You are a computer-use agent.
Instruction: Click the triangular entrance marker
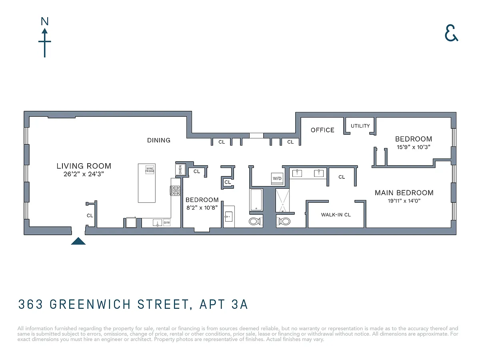coord(78,241)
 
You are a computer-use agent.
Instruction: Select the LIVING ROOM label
coord(84,166)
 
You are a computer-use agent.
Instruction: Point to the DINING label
coord(159,140)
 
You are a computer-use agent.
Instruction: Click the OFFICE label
coord(322,130)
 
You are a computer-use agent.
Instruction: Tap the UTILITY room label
coord(360,126)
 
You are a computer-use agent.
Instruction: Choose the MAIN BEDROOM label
coord(404,193)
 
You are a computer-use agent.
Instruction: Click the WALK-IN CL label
coord(336,215)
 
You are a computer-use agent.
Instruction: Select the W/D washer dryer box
coord(277,178)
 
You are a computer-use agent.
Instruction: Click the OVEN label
coord(180,170)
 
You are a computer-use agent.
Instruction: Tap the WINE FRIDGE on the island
coord(150,170)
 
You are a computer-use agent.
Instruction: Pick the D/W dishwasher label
coord(167,223)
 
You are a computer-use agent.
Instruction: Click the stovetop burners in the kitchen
coord(175,191)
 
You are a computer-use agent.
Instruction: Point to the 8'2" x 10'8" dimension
coord(202,208)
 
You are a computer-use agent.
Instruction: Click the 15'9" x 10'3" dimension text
coord(414,147)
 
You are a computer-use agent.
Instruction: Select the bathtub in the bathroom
coord(256,200)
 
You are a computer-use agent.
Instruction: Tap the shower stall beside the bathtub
coord(282,200)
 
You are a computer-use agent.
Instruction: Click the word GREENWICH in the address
coord(90,304)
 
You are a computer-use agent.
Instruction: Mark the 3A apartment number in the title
coord(240,304)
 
